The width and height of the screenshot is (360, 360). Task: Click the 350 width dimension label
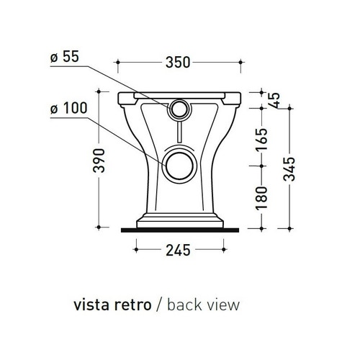(x=178, y=63)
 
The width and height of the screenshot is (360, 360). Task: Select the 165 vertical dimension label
(x=261, y=137)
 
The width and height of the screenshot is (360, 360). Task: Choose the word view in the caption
(x=221, y=305)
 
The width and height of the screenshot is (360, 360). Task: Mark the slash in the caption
(x=158, y=305)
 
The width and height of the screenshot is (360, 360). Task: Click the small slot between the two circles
(x=177, y=133)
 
